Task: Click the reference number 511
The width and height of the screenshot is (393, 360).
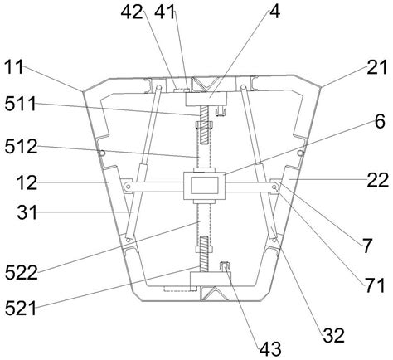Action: click(21, 105)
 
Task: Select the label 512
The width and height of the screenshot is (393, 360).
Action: click(21, 147)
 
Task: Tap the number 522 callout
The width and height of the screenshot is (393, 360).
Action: click(22, 273)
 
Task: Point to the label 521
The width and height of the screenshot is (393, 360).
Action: click(21, 308)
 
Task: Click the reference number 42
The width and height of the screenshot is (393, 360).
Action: click(132, 12)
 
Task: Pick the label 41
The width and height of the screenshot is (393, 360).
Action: click(165, 12)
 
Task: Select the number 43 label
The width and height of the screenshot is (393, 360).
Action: click(270, 348)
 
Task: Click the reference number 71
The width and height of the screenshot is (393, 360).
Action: click(375, 285)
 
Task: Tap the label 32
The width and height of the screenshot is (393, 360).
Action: click(334, 335)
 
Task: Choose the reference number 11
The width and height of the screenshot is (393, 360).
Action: click(14, 66)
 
